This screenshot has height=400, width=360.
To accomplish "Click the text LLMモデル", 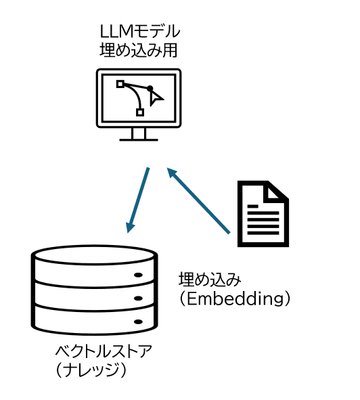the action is click(140, 32).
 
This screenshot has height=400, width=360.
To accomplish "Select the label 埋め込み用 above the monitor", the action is click(138, 50).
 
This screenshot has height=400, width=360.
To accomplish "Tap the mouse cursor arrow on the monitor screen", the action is click(156, 98).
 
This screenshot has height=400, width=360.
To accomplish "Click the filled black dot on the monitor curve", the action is click(150, 89).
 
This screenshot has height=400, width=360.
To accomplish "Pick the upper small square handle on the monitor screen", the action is click(120, 84).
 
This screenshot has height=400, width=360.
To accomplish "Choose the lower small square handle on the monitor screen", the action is click(140, 112).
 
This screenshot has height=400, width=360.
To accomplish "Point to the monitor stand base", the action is click(139, 140).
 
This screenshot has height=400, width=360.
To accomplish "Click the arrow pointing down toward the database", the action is click(138, 200).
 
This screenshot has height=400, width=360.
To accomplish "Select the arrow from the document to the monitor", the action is click(198, 200).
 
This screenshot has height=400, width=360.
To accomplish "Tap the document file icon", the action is click(263, 214).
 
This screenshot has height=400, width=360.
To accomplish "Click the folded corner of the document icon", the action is click(275, 192).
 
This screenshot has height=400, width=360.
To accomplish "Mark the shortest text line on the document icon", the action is click(253, 206).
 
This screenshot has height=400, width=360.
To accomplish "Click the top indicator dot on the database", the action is click(138, 275).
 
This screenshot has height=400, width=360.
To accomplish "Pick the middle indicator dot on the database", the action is click(138, 298).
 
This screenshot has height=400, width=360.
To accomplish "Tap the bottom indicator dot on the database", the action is click(138, 322).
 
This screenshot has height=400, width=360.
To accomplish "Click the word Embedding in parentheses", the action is click(235, 298).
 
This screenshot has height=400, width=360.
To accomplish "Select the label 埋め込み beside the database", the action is click(210, 279).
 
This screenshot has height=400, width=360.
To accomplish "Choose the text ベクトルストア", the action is click(104, 351).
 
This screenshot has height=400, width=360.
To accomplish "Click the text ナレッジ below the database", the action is click(91, 370).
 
